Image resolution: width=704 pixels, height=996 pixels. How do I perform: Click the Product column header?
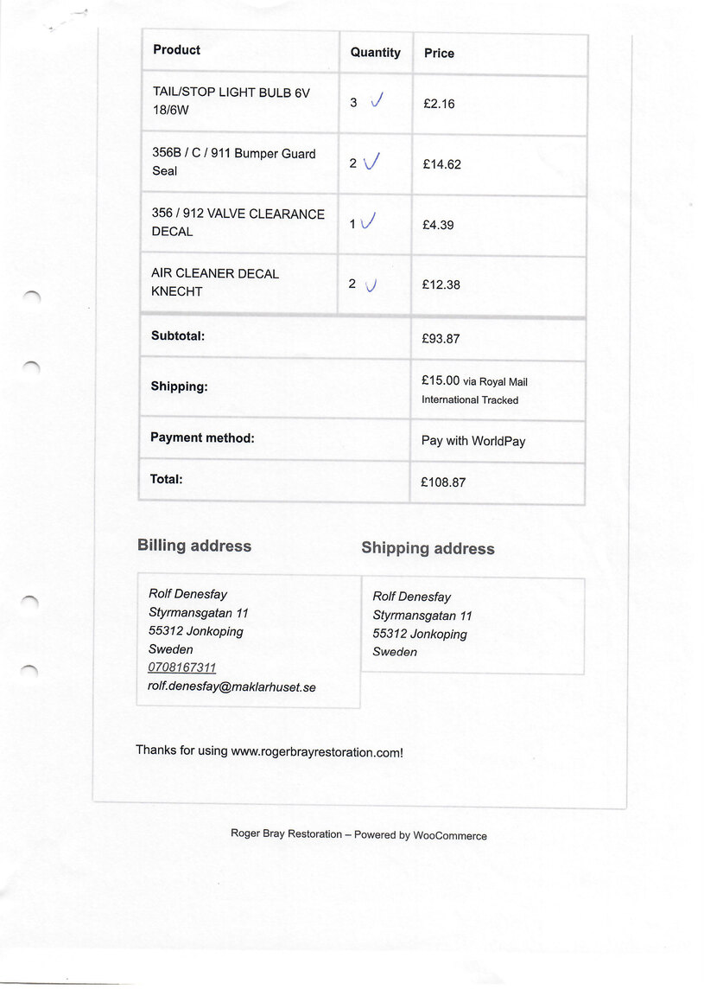tap(176, 50)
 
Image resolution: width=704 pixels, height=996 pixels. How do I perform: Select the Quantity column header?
tap(375, 53)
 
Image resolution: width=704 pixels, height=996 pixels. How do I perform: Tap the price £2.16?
tap(439, 104)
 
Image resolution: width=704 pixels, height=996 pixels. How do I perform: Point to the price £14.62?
tap(441, 164)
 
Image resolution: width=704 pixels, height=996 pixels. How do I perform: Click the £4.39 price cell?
tap(438, 225)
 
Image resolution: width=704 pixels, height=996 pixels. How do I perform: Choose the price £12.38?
tap(441, 284)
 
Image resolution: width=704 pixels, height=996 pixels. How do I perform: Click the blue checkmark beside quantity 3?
tap(377, 101)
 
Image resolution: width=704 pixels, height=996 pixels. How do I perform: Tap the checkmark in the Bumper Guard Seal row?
tap(372, 162)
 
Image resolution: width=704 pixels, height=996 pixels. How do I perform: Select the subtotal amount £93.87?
tap(441, 339)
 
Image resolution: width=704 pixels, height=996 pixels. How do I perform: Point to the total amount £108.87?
tap(443, 482)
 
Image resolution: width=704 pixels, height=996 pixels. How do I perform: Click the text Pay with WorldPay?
tap(473, 441)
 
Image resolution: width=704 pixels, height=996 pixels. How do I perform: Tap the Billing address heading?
tap(194, 546)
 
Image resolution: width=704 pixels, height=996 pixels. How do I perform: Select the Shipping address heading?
tap(428, 548)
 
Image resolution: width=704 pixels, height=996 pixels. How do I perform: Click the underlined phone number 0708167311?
tap(182, 667)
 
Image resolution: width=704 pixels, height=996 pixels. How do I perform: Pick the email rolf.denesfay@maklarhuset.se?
tap(231, 686)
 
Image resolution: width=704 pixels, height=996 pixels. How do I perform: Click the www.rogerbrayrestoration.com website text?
tap(315, 752)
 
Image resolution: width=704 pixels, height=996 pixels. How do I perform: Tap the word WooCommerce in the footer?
tap(450, 836)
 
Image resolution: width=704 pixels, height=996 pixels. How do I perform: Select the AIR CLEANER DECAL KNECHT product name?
tap(214, 283)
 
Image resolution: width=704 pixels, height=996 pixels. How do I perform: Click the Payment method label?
tap(202, 438)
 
